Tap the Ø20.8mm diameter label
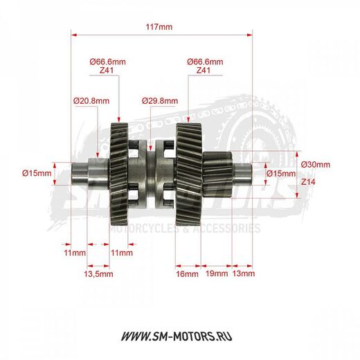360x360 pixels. click(x=91, y=100)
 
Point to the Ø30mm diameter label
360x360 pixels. click(x=316, y=164)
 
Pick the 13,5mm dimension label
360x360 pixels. click(x=98, y=273)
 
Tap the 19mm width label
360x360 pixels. click(x=217, y=273)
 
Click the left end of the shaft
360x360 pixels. click(x=78, y=173)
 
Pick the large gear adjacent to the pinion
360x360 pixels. click(x=188, y=173)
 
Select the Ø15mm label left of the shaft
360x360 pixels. click(x=36, y=173)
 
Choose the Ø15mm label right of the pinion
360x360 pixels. click(x=280, y=173)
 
